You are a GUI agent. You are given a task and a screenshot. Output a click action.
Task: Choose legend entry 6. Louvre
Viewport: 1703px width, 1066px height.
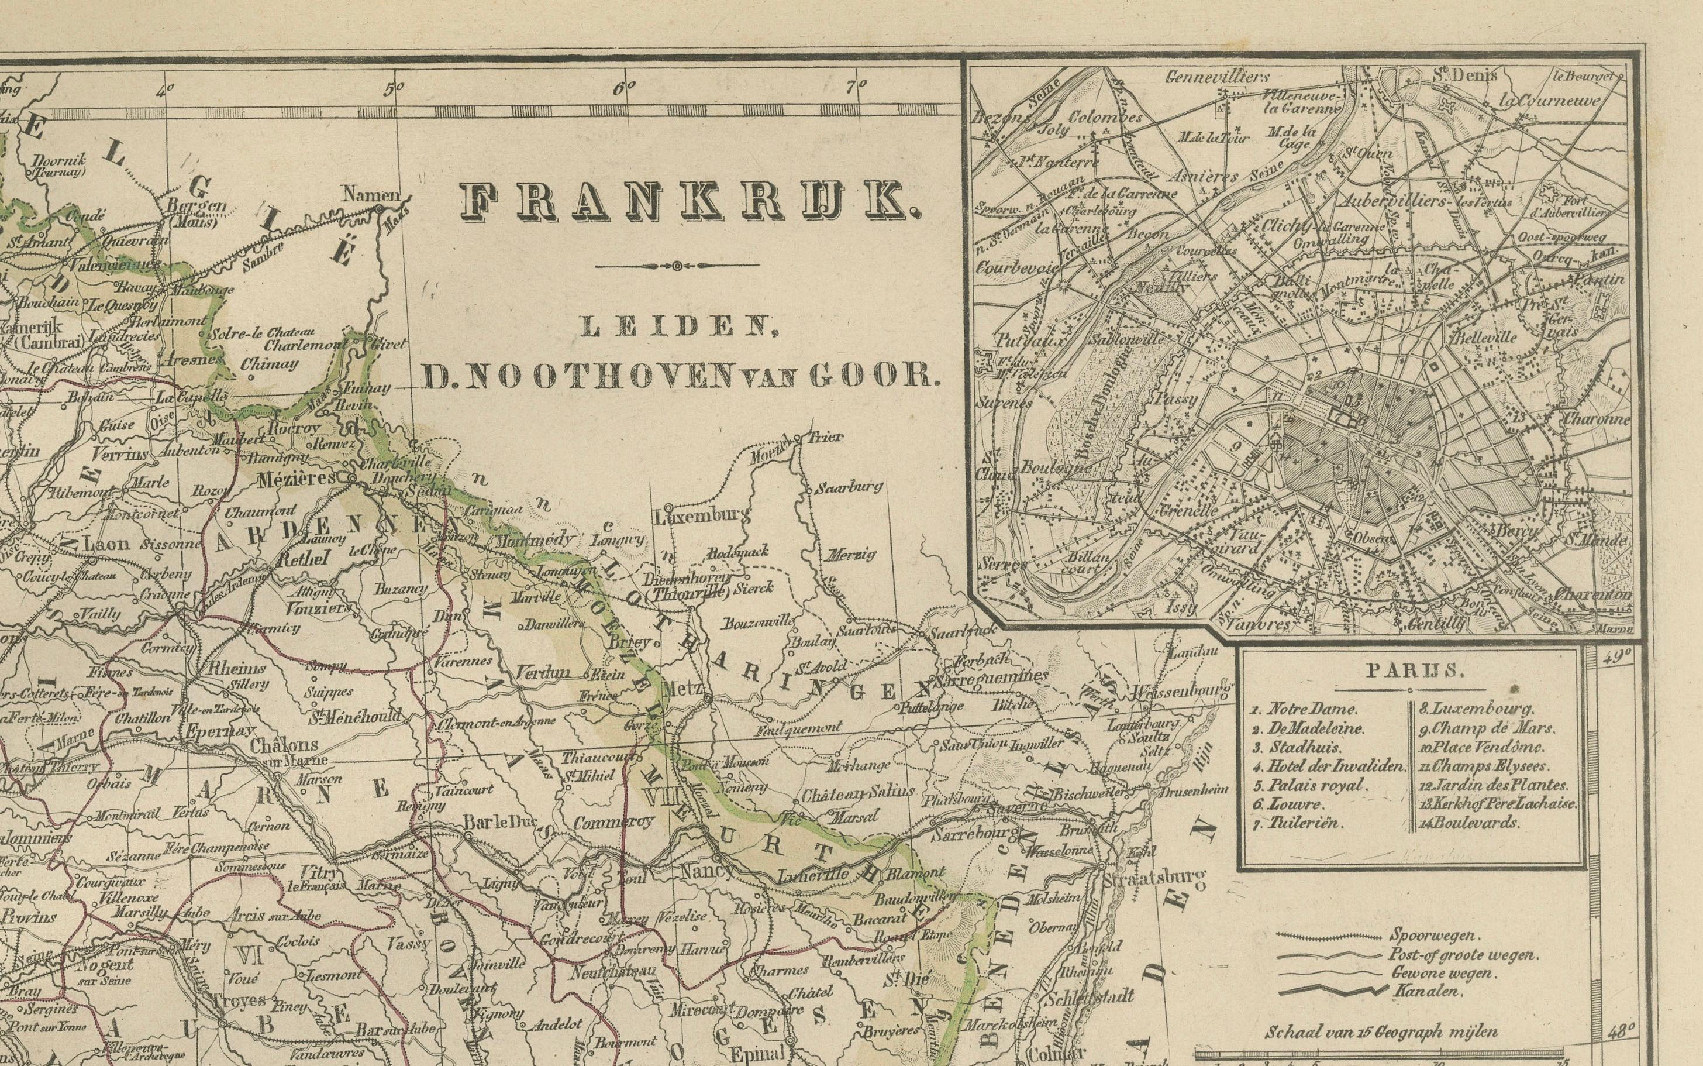pyautogui.click(x=1294, y=804)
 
